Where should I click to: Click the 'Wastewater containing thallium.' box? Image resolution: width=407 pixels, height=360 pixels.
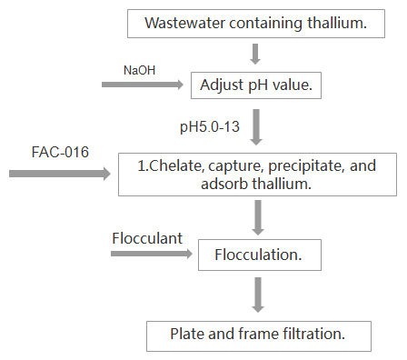click(x=256, y=24)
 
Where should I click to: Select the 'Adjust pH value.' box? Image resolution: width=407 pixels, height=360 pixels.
click(x=256, y=85)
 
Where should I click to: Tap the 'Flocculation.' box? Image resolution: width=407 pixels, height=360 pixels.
click(x=260, y=255)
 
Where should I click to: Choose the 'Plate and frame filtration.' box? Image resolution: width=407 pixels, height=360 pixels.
click(x=259, y=336)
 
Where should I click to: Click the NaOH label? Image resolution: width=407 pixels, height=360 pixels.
click(x=139, y=70)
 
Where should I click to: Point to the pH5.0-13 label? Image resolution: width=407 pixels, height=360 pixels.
click(x=210, y=126)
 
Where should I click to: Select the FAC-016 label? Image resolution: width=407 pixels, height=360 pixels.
click(x=60, y=152)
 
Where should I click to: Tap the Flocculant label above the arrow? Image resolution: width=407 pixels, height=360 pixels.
click(x=147, y=238)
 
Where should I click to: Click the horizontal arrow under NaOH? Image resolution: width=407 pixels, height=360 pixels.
click(x=143, y=85)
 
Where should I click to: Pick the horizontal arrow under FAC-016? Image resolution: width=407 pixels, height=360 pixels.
click(x=60, y=174)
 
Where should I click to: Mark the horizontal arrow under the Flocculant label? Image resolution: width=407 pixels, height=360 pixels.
click(x=152, y=254)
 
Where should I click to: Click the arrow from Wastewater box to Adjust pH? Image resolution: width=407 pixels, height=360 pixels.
click(x=255, y=55)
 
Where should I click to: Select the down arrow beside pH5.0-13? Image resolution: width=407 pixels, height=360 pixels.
click(x=256, y=127)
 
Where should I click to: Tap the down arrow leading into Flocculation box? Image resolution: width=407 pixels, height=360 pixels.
click(x=258, y=217)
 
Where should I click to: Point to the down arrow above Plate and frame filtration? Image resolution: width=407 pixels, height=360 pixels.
click(x=258, y=295)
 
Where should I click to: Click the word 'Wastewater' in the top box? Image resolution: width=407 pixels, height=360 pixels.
click(x=185, y=23)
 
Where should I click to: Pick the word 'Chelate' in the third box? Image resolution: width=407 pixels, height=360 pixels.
click(x=175, y=165)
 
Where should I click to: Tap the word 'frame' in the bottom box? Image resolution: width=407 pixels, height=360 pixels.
click(x=258, y=334)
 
